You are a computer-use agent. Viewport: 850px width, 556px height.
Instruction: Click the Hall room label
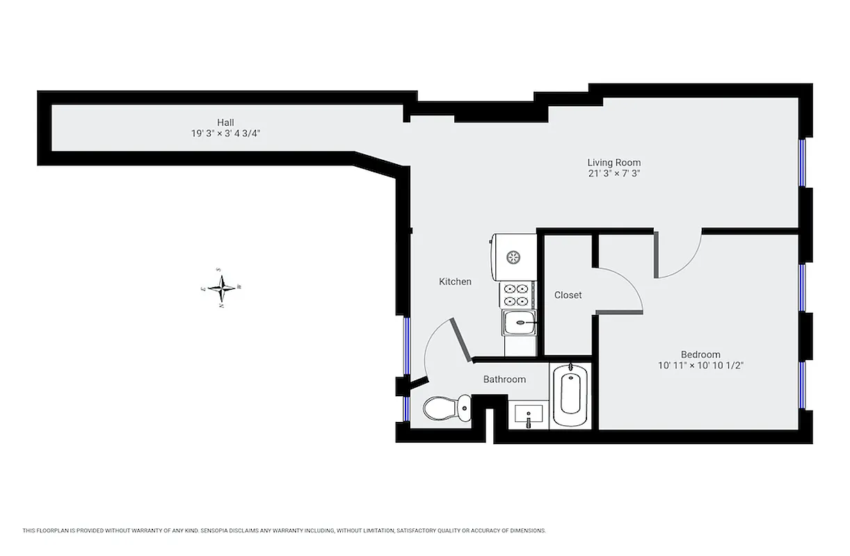[x=225, y=122]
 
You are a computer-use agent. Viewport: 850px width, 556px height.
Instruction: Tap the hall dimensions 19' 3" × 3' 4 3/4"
[x=225, y=133]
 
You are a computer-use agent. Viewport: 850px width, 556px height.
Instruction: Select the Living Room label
[x=614, y=163]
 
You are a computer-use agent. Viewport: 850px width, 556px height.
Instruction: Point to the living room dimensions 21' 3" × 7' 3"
[x=614, y=174]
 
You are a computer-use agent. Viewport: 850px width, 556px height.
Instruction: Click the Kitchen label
[x=455, y=281]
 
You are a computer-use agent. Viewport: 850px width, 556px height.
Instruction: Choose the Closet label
[x=568, y=295]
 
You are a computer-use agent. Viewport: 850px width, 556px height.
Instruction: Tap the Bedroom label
[x=700, y=354]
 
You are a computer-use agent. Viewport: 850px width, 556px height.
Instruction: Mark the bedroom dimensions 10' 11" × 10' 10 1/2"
[x=700, y=365]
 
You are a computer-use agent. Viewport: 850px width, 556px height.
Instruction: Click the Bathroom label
[x=504, y=379]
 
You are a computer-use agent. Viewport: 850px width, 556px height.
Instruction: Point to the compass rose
[x=222, y=286]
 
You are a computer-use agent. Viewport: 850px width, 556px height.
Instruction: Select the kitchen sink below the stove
[x=519, y=322]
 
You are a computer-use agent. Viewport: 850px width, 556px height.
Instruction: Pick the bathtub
[x=570, y=396]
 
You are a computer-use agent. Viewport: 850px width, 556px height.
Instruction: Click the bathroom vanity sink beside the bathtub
[x=529, y=415]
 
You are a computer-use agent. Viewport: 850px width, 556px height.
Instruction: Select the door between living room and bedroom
[x=678, y=257]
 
